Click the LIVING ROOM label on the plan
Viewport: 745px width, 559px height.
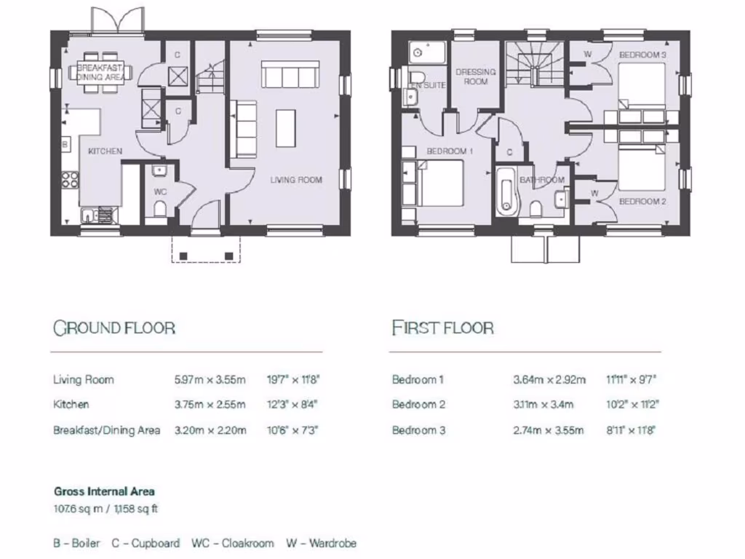296,180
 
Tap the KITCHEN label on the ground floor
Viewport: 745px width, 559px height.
105,151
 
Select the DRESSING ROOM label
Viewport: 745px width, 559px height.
476,76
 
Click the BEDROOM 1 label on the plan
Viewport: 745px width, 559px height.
450,151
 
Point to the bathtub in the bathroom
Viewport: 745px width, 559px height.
506,192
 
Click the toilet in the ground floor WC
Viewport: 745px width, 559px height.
160,210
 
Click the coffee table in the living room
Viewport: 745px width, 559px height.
286,128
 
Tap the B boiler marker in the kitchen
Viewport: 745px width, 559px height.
65,145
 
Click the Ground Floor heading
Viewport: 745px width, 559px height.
114,328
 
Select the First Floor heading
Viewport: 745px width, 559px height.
442,328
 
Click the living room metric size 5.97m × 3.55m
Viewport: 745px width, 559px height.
210,379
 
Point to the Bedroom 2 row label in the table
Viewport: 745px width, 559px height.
418,405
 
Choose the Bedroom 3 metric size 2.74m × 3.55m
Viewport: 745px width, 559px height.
548,430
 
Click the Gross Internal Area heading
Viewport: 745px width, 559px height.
104,491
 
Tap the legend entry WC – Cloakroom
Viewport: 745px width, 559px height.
233,543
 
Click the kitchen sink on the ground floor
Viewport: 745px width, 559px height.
87,214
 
